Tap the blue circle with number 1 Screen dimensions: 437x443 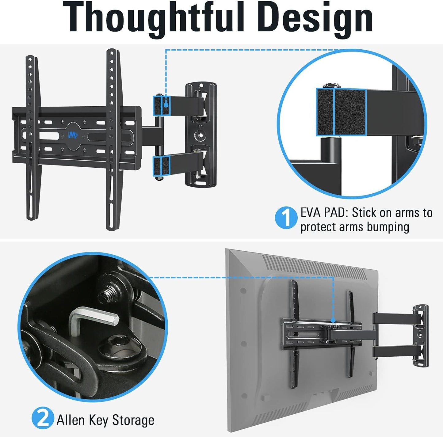coord(286,217)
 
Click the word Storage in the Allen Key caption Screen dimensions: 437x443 coord(133,420)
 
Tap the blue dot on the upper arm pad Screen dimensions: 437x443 coord(166,104)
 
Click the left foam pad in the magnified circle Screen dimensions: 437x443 coord(325,112)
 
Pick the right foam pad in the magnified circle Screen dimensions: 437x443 coord(350,112)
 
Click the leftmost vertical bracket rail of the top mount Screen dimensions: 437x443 coord(31,138)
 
